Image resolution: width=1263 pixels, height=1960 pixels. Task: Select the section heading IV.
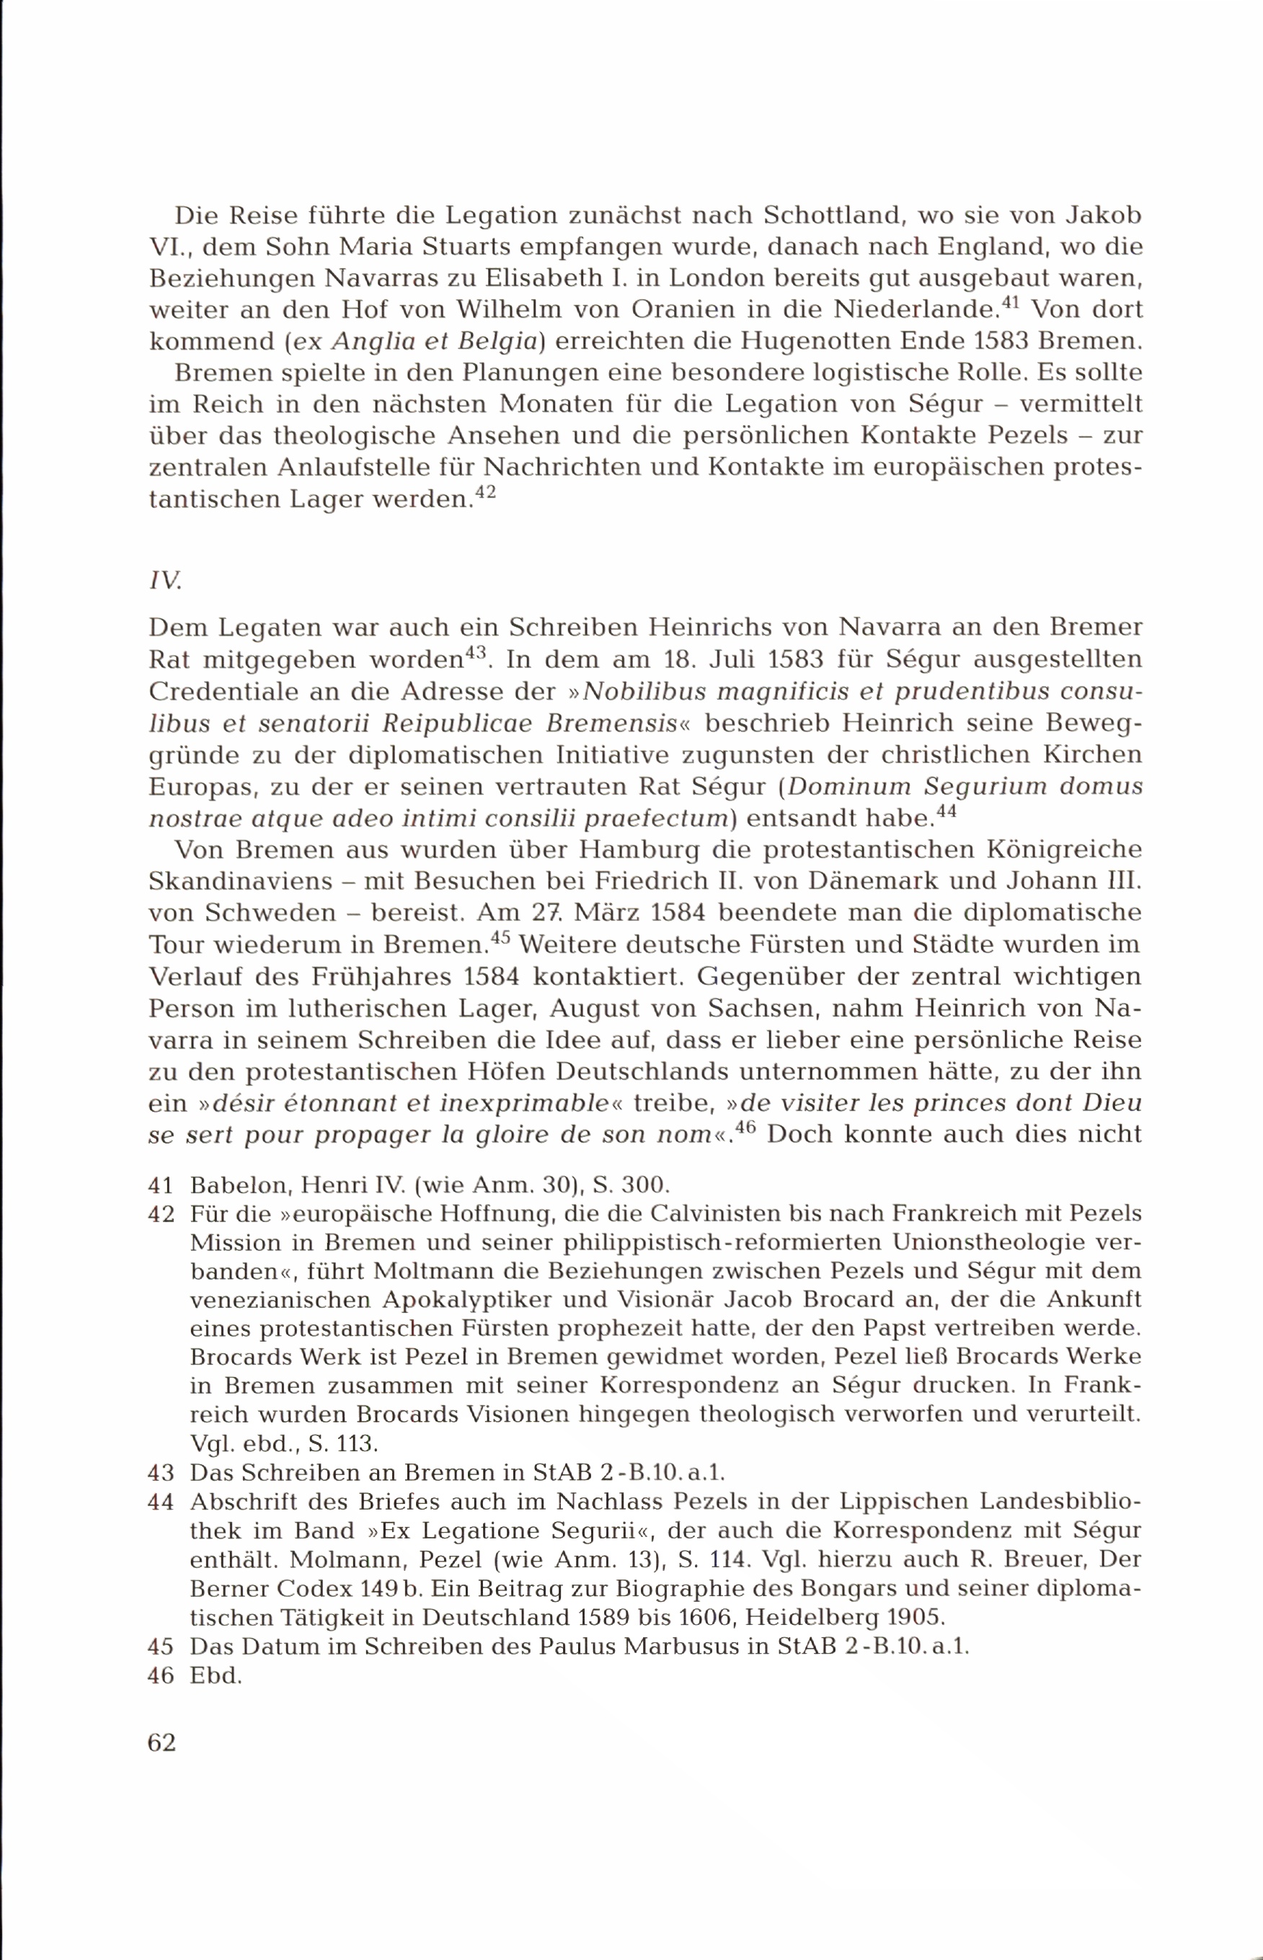click(164, 580)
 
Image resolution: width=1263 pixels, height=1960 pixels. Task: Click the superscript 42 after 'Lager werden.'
click(485, 494)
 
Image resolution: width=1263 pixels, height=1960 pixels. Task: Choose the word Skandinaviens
click(240, 881)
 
